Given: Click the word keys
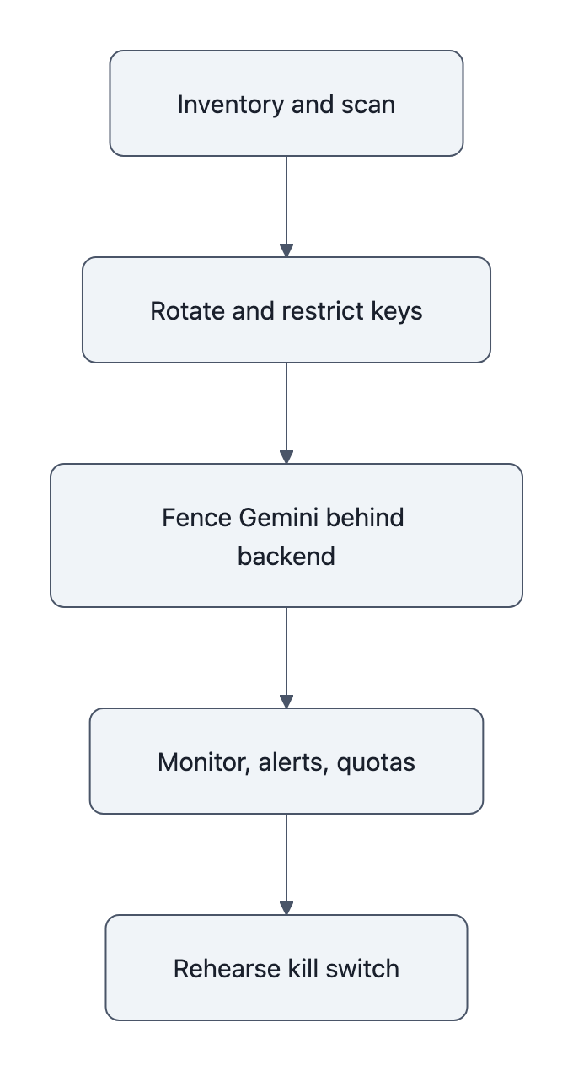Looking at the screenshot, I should coord(397,311).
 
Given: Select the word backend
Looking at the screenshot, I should coord(286,557).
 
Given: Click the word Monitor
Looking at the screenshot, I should coord(199,762).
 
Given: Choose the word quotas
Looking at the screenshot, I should coord(376,762).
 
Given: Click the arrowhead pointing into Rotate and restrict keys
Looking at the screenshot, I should coord(286,250).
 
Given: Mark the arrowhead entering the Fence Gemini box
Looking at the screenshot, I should coord(286,457).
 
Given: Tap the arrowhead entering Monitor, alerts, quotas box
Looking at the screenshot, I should coord(286,702).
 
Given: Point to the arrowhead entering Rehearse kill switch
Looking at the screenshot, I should coord(286,908).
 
